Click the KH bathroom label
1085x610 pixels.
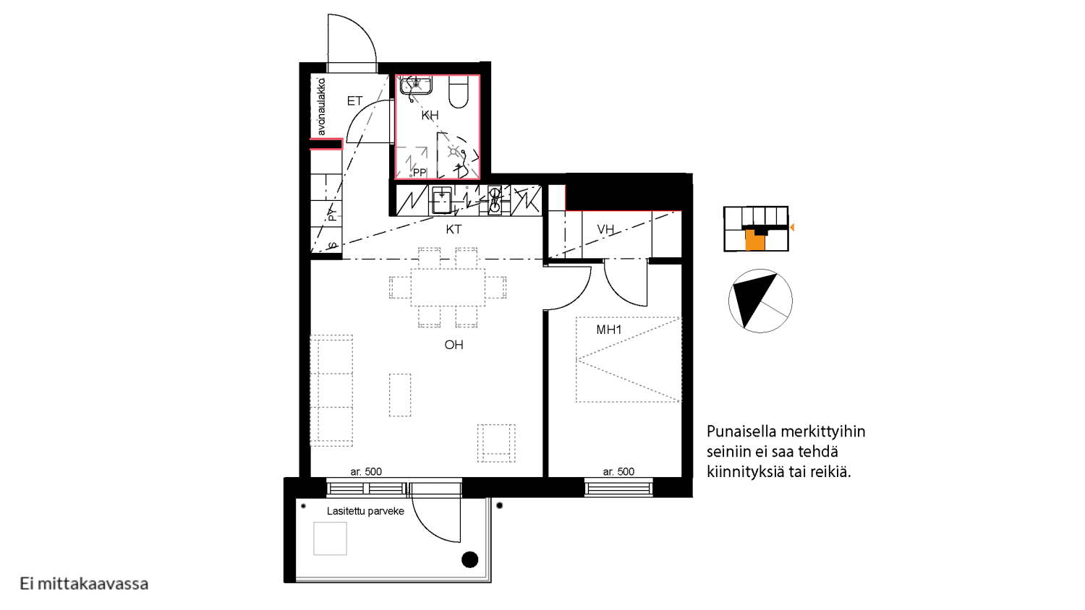point(430,115)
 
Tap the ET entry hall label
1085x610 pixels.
point(354,100)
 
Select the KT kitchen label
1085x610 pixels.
point(454,230)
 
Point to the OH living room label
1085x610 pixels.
point(454,345)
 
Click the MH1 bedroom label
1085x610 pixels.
point(609,330)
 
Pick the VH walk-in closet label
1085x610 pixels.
point(605,229)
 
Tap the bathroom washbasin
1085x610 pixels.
point(416,86)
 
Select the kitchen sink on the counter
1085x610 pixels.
point(442,200)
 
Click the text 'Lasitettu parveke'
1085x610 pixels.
point(365,511)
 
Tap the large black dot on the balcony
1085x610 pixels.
point(470,559)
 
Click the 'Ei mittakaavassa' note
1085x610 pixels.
point(85,584)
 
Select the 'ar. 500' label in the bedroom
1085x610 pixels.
point(618,471)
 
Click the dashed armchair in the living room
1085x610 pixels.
point(496,443)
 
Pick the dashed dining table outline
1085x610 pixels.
point(448,288)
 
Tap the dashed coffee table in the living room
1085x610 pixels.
point(400,395)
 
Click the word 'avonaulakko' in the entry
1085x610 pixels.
point(322,107)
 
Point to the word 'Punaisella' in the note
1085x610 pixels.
point(741,431)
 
